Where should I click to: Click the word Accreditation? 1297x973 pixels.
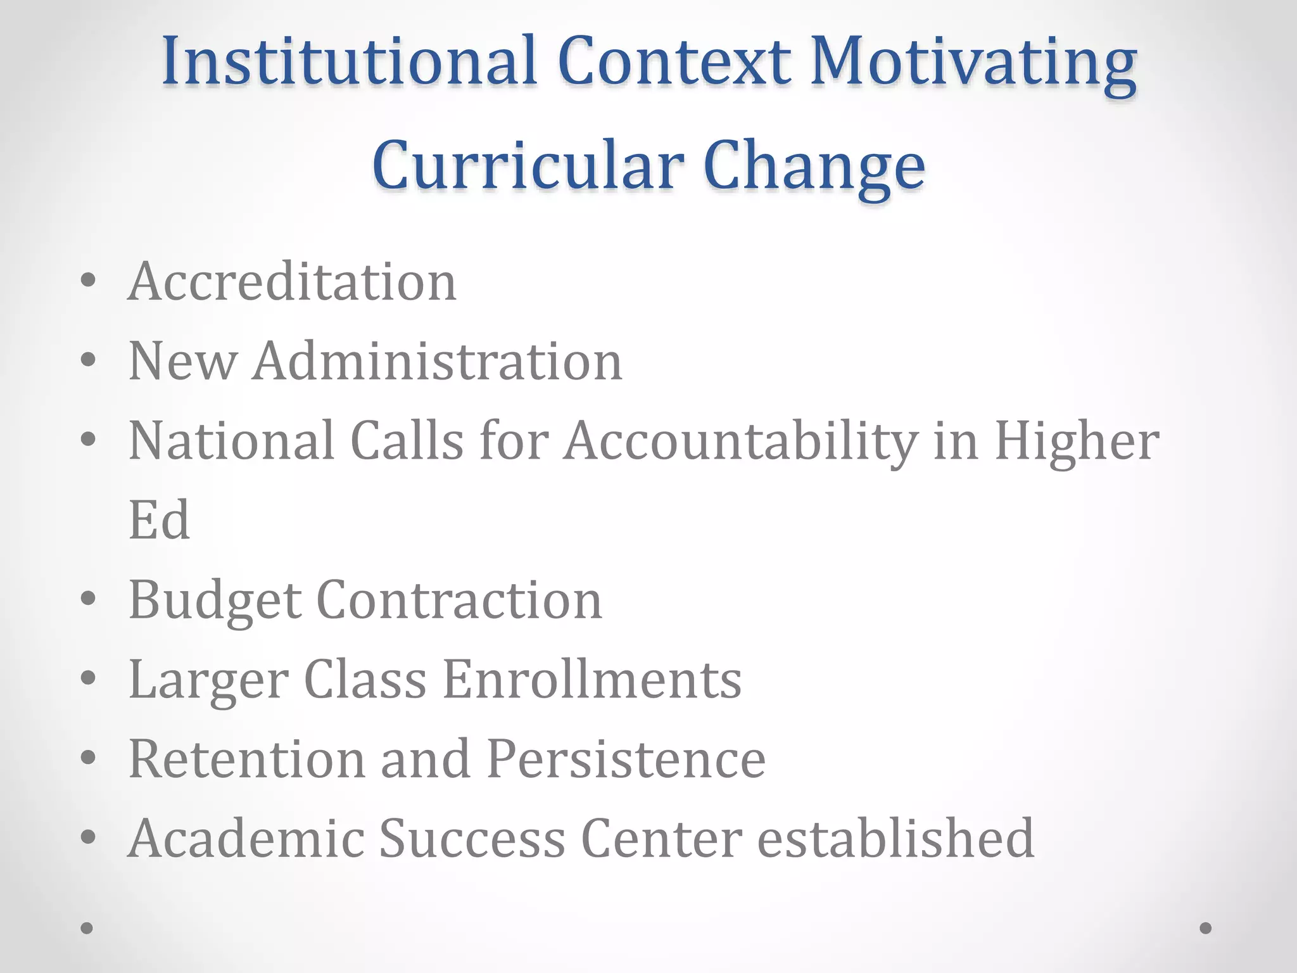(x=292, y=281)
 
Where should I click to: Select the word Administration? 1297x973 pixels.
(x=438, y=361)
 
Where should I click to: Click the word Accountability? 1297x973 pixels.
(x=741, y=442)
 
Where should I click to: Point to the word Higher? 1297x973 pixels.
(x=1077, y=441)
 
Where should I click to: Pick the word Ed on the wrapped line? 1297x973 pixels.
(x=159, y=520)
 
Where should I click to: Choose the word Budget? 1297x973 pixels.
(x=215, y=601)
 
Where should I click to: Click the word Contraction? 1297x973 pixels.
(x=459, y=600)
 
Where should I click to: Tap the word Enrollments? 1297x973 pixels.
(x=592, y=679)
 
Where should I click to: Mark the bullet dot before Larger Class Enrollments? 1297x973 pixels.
(x=89, y=677)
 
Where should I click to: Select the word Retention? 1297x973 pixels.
(x=247, y=759)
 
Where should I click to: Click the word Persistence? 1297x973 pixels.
(x=626, y=759)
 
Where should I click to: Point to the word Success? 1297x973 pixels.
(x=472, y=838)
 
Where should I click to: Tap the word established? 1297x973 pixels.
(x=896, y=838)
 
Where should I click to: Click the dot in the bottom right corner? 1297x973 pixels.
(x=1206, y=928)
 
